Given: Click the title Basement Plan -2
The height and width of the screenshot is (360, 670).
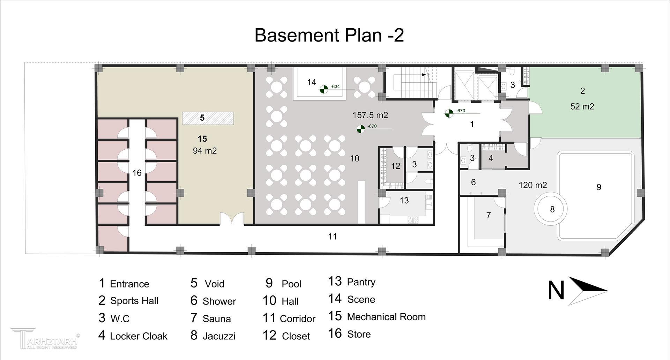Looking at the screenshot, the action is click(329, 35).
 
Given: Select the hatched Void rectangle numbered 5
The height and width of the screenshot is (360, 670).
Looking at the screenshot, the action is click(208, 118).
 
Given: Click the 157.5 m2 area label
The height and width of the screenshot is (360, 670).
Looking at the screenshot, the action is click(370, 115).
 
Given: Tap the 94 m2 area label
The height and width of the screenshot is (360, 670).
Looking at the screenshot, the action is click(205, 151).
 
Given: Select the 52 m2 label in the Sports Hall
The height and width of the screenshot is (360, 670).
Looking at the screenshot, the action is click(582, 106).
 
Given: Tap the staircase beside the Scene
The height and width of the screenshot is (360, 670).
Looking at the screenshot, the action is click(410, 82).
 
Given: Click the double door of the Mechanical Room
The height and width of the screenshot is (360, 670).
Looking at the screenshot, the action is click(231, 219).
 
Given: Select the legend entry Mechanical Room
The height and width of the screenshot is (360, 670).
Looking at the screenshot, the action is click(386, 317).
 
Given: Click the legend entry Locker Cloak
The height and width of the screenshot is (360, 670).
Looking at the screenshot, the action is click(139, 336).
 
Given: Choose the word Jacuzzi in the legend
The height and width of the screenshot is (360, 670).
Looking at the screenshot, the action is click(219, 336).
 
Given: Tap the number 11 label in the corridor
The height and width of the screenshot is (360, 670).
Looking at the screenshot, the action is click(332, 237).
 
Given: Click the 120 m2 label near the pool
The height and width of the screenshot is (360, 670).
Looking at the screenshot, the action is click(533, 185).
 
